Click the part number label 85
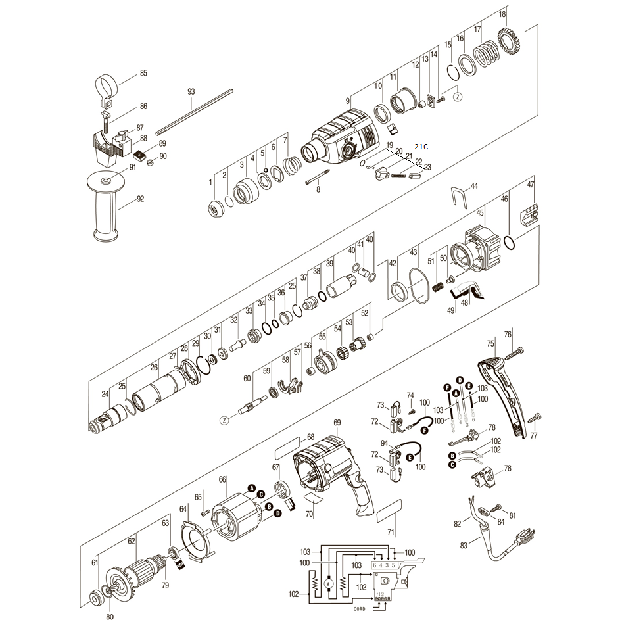click(x=143, y=74)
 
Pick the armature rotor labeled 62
click(x=141, y=569)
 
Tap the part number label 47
click(x=531, y=184)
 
